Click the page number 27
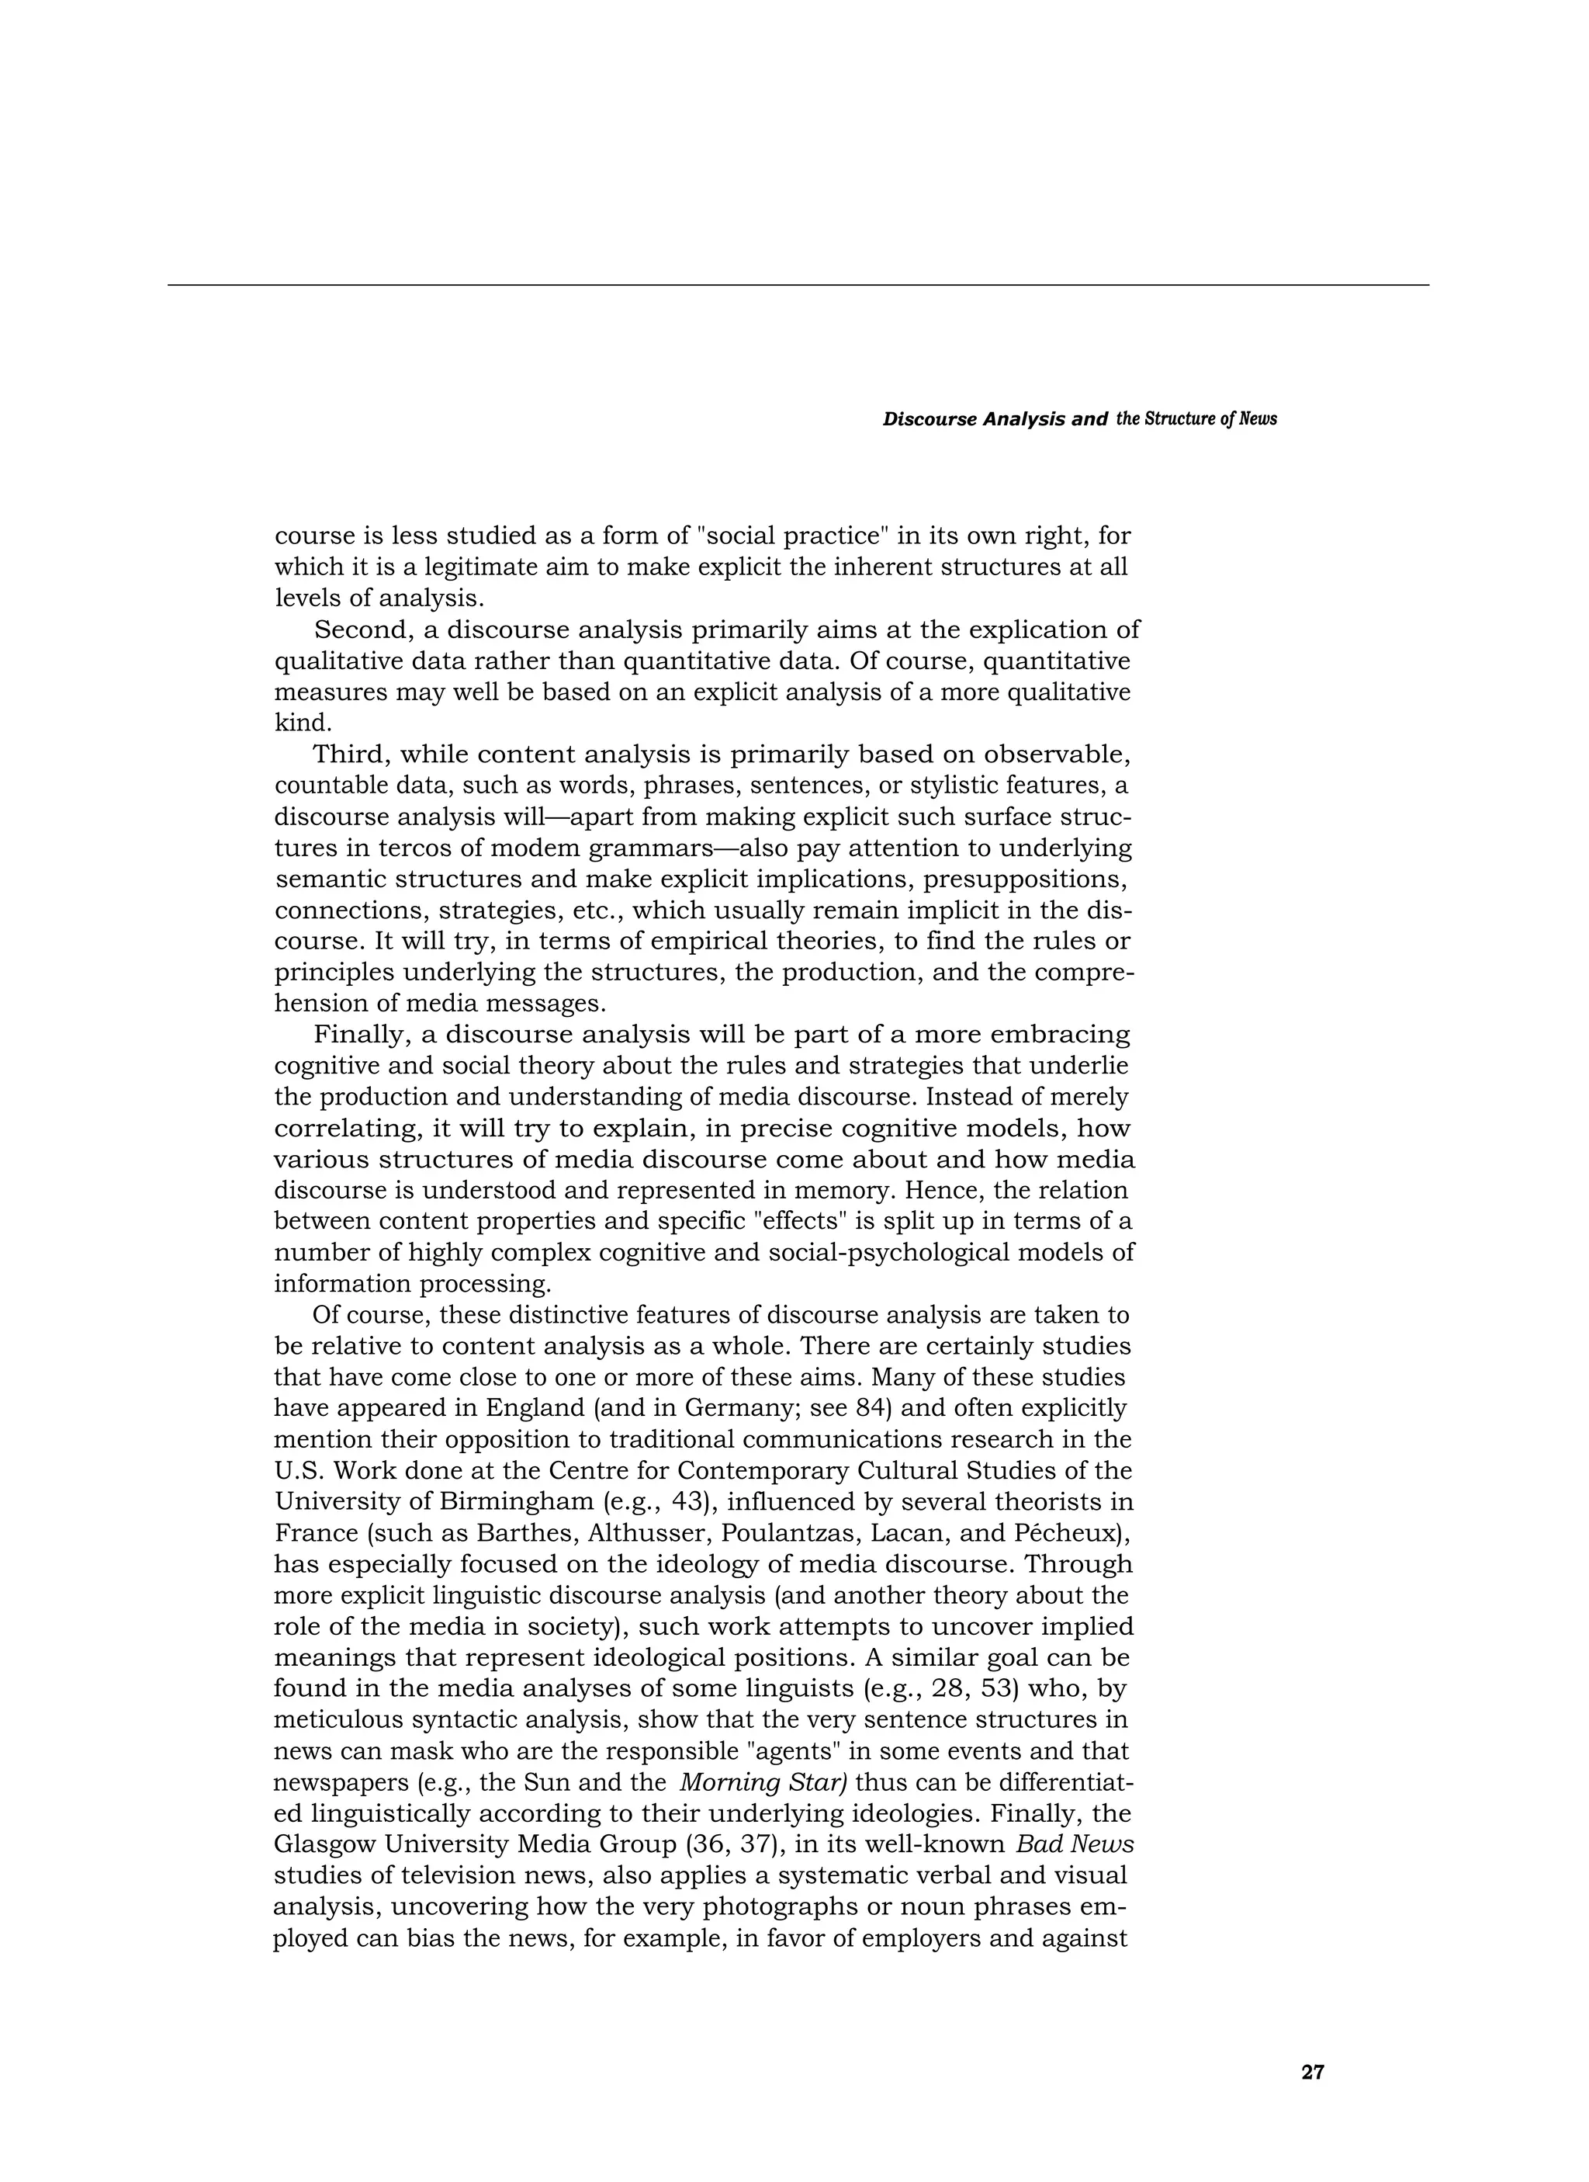1312,2073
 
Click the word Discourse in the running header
930,419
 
